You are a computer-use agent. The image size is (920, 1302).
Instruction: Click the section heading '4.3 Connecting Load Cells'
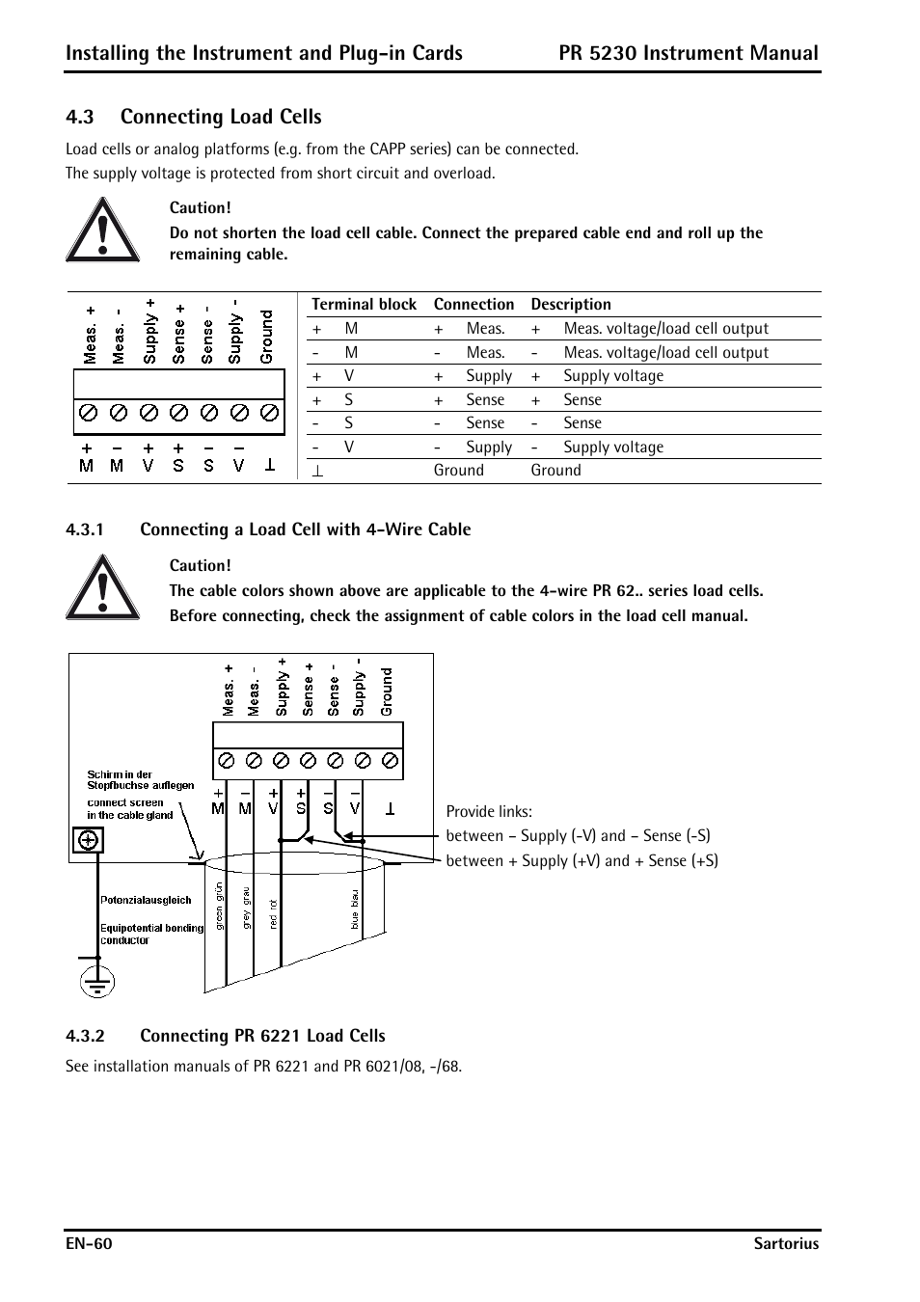[x=194, y=117]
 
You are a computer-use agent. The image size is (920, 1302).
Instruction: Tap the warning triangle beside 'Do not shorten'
[x=102, y=231]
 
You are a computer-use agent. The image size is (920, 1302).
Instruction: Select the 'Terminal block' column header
[x=364, y=305]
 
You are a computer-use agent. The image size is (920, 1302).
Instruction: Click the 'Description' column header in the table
[x=571, y=305]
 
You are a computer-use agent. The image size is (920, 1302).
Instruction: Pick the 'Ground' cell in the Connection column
[x=459, y=471]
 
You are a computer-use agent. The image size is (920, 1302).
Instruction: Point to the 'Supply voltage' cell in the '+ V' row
[x=613, y=376]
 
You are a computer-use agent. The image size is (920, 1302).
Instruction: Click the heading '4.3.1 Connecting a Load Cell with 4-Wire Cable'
[x=268, y=529]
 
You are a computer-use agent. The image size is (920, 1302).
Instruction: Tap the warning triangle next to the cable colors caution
[x=102, y=588]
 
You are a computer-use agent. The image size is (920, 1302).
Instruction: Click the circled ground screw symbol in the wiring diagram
[x=88, y=840]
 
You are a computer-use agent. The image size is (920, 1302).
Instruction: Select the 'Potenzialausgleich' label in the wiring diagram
[x=146, y=900]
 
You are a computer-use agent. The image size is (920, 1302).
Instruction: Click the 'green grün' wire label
[x=220, y=907]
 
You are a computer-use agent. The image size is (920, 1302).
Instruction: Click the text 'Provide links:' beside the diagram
[x=489, y=812]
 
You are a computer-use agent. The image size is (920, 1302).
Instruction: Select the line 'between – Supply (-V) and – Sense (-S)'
[x=578, y=836]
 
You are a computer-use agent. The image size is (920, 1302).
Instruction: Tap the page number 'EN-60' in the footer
[x=89, y=1244]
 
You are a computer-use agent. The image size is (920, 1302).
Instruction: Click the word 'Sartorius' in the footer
[x=786, y=1244]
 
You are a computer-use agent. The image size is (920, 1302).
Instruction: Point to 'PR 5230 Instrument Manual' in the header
[x=689, y=53]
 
